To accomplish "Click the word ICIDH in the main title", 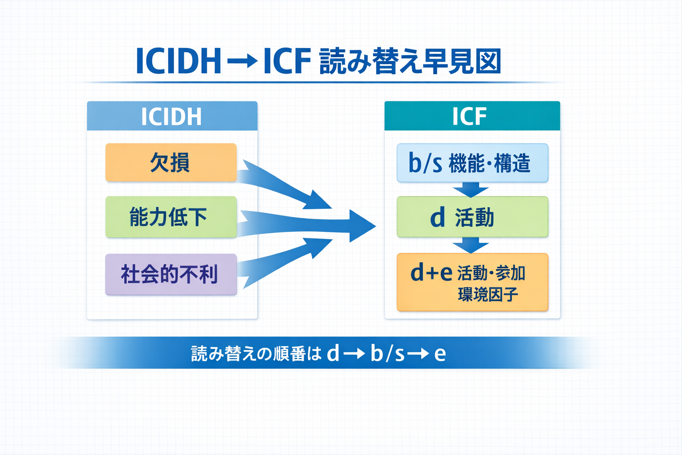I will click(178, 61).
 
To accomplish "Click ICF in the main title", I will click(286, 61).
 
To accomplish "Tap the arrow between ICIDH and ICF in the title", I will click(242, 61).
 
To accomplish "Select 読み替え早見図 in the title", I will click(410, 61).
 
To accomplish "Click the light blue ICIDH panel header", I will click(172, 116).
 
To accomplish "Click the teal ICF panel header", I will click(472, 116).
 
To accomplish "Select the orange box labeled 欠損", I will click(171, 163).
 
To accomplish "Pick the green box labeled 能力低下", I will click(171, 217).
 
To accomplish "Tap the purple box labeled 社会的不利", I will click(171, 274).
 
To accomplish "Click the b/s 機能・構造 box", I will click(472, 163).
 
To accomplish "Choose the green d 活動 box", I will click(472, 217).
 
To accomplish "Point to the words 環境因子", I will click(488, 295).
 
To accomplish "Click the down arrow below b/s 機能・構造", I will click(471, 190).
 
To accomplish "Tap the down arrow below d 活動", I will click(471, 245).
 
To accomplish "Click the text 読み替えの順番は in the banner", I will click(256, 354).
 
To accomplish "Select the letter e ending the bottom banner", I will click(440, 354).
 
